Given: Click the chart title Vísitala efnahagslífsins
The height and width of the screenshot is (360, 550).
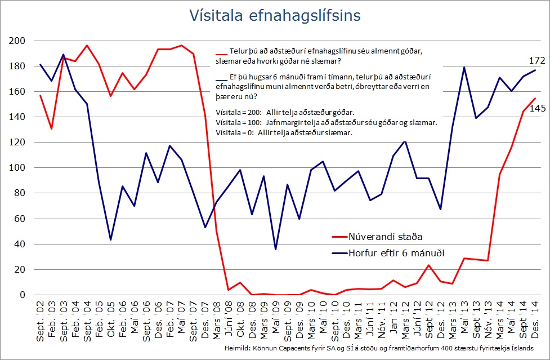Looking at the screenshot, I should pyautogui.click(x=275, y=15).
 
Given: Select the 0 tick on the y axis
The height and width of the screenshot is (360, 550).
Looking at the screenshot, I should pyautogui.click(x=23, y=295).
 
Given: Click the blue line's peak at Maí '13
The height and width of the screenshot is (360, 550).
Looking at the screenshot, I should pyautogui.click(x=464, y=67).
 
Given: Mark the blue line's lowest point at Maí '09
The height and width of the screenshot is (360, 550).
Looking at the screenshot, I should pyautogui.click(x=276, y=249).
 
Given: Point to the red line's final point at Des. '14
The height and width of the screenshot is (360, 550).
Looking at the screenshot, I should pyautogui.click(x=534, y=99).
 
